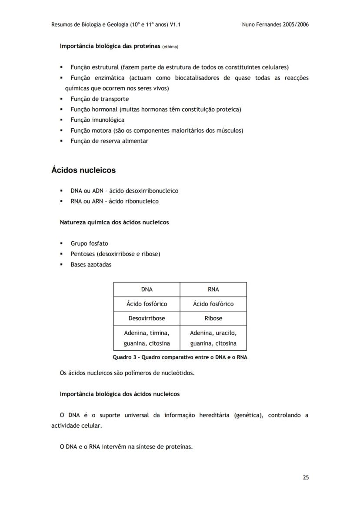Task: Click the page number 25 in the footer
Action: point(306,477)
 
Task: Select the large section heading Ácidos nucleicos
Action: point(83,170)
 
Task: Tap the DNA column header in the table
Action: point(147,289)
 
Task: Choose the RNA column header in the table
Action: point(213,289)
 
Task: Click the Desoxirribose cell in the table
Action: point(147,318)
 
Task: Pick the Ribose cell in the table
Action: point(213,318)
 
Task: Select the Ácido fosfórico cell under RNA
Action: point(213,304)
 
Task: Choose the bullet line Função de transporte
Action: point(100,99)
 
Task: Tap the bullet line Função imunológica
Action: point(97,120)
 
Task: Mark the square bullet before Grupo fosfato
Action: point(61,244)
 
